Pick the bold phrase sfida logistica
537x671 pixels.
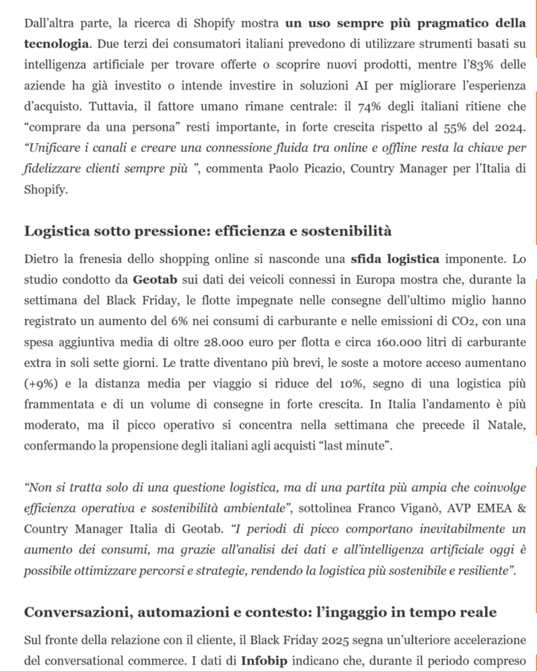point(395,259)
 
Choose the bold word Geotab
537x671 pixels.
point(155,280)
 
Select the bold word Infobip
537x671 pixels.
point(263,660)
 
